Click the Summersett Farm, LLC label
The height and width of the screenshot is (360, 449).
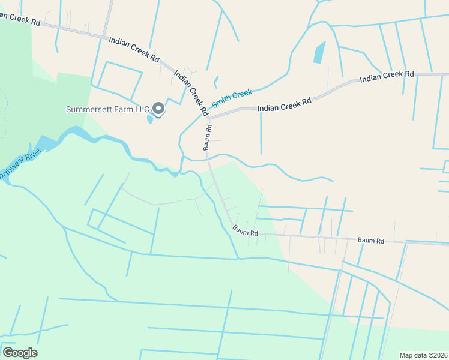point(107,109)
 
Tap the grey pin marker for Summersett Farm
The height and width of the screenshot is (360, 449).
point(158,108)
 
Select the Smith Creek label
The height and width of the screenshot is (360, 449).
point(232,94)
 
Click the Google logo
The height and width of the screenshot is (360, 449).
point(20,353)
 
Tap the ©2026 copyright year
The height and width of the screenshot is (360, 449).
point(438,355)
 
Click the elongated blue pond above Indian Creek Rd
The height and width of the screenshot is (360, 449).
point(318,53)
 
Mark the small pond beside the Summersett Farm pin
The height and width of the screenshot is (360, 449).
point(150,118)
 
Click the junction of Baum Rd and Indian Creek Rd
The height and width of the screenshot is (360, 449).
point(208,118)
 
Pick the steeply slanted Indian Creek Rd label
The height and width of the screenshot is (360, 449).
point(190,92)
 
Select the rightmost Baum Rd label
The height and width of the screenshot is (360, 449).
point(370,240)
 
